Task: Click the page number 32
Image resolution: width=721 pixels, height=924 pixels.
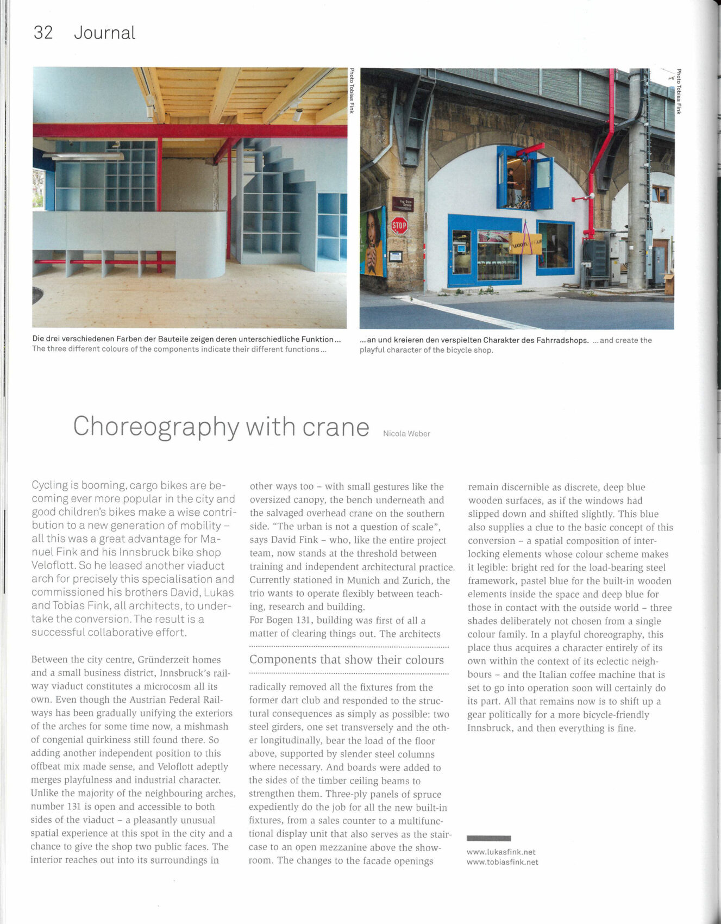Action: pos(43,33)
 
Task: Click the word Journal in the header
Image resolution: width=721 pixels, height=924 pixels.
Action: pos(104,33)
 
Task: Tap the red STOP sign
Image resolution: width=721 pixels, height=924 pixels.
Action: pos(399,225)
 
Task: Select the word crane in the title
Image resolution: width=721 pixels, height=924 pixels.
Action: pos(336,427)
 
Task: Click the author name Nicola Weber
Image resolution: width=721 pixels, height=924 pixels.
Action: pos(406,434)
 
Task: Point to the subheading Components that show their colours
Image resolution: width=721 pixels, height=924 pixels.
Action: pos(347,660)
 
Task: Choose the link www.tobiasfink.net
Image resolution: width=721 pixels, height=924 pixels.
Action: pos(503,862)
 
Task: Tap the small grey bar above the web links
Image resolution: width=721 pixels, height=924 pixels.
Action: pos(488,838)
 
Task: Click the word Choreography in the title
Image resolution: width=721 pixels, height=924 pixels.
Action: pos(156,427)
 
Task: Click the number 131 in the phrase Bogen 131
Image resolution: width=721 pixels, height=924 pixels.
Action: pos(297,620)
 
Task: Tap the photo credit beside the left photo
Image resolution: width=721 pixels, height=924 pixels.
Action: pos(352,91)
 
